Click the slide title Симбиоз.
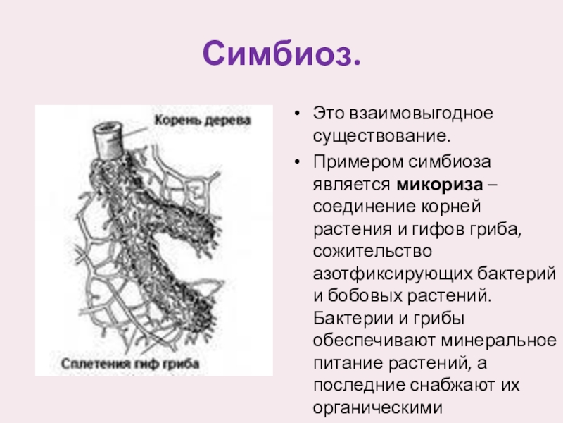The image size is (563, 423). pyautogui.click(x=281, y=53)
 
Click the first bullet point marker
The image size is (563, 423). pyautogui.click(x=298, y=113)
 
